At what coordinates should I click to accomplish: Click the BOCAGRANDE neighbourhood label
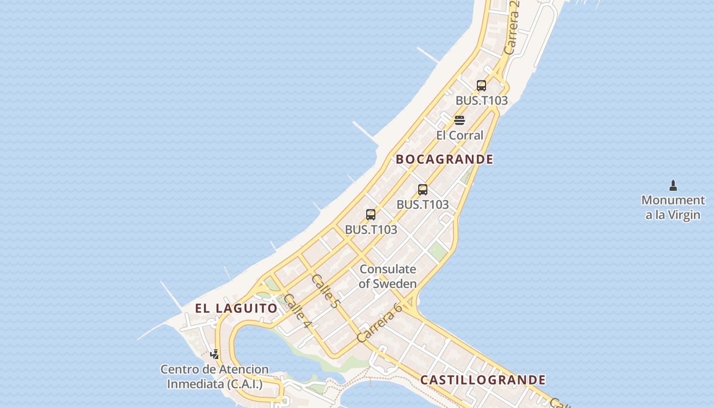click(x=444, y=159)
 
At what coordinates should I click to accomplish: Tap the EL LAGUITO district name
click(x=236, y=308)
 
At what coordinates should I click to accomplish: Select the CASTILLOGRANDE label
click(x=482, y=380)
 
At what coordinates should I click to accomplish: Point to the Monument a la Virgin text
click(x=673, y=208)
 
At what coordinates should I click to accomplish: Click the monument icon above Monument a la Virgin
click(x=673, y=185)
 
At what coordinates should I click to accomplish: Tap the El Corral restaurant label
click(x=460, y=135)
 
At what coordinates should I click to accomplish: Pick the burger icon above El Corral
click(x=460, y=120)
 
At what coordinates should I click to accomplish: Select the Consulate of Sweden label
click(x=388, y=276)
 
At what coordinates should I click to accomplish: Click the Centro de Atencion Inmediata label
click(x=214, y=376)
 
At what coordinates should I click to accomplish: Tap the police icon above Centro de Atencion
click(x=215, y=354)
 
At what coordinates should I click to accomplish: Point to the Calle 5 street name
click(x=325, y=291)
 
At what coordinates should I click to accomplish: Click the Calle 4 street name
click(x=297, y=311)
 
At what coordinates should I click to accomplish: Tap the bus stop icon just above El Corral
click(x=481, y=86)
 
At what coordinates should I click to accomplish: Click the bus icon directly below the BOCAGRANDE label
click(x=422, y=190)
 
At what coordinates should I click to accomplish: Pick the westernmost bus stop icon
click(x=371, y=215)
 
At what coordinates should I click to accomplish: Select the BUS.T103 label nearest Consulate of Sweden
click(x=371, y=229)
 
